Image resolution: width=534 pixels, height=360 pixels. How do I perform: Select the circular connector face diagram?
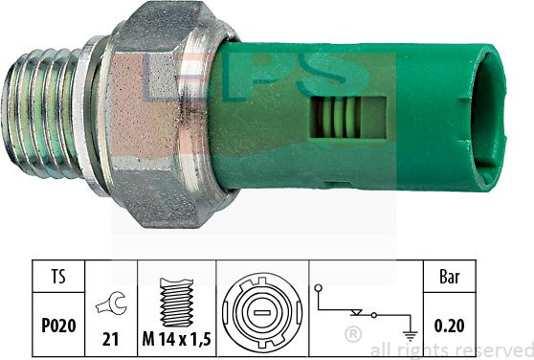257,312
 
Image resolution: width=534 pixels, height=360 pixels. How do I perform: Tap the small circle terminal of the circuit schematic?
318,288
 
